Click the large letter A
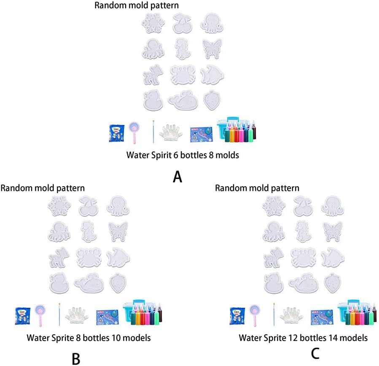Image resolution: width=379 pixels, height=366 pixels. coord(177,176)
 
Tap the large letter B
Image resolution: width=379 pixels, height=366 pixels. coord(76,358)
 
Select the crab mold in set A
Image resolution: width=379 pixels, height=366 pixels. coord(182,75)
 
